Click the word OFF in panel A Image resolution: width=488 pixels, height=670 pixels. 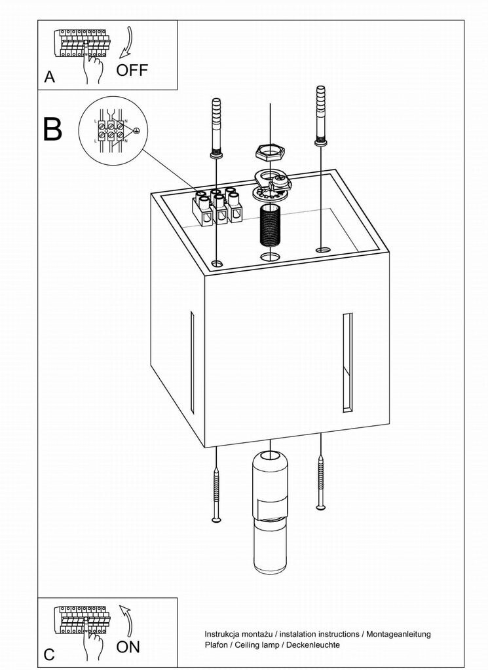click(x=132, y=69)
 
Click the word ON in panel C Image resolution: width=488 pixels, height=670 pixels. click(x=128, y=647)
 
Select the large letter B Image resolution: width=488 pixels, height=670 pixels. click(x=52, y=129)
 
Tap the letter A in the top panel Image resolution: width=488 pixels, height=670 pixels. click(x=50, y=77)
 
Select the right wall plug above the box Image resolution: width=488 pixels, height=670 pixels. click(x=321, y=114)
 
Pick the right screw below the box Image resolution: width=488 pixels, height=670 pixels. click(x=321, y=481)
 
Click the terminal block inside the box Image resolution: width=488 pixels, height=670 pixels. click(x=216, y=206)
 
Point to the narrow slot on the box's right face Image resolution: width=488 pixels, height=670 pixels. click(x=347, y=362)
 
